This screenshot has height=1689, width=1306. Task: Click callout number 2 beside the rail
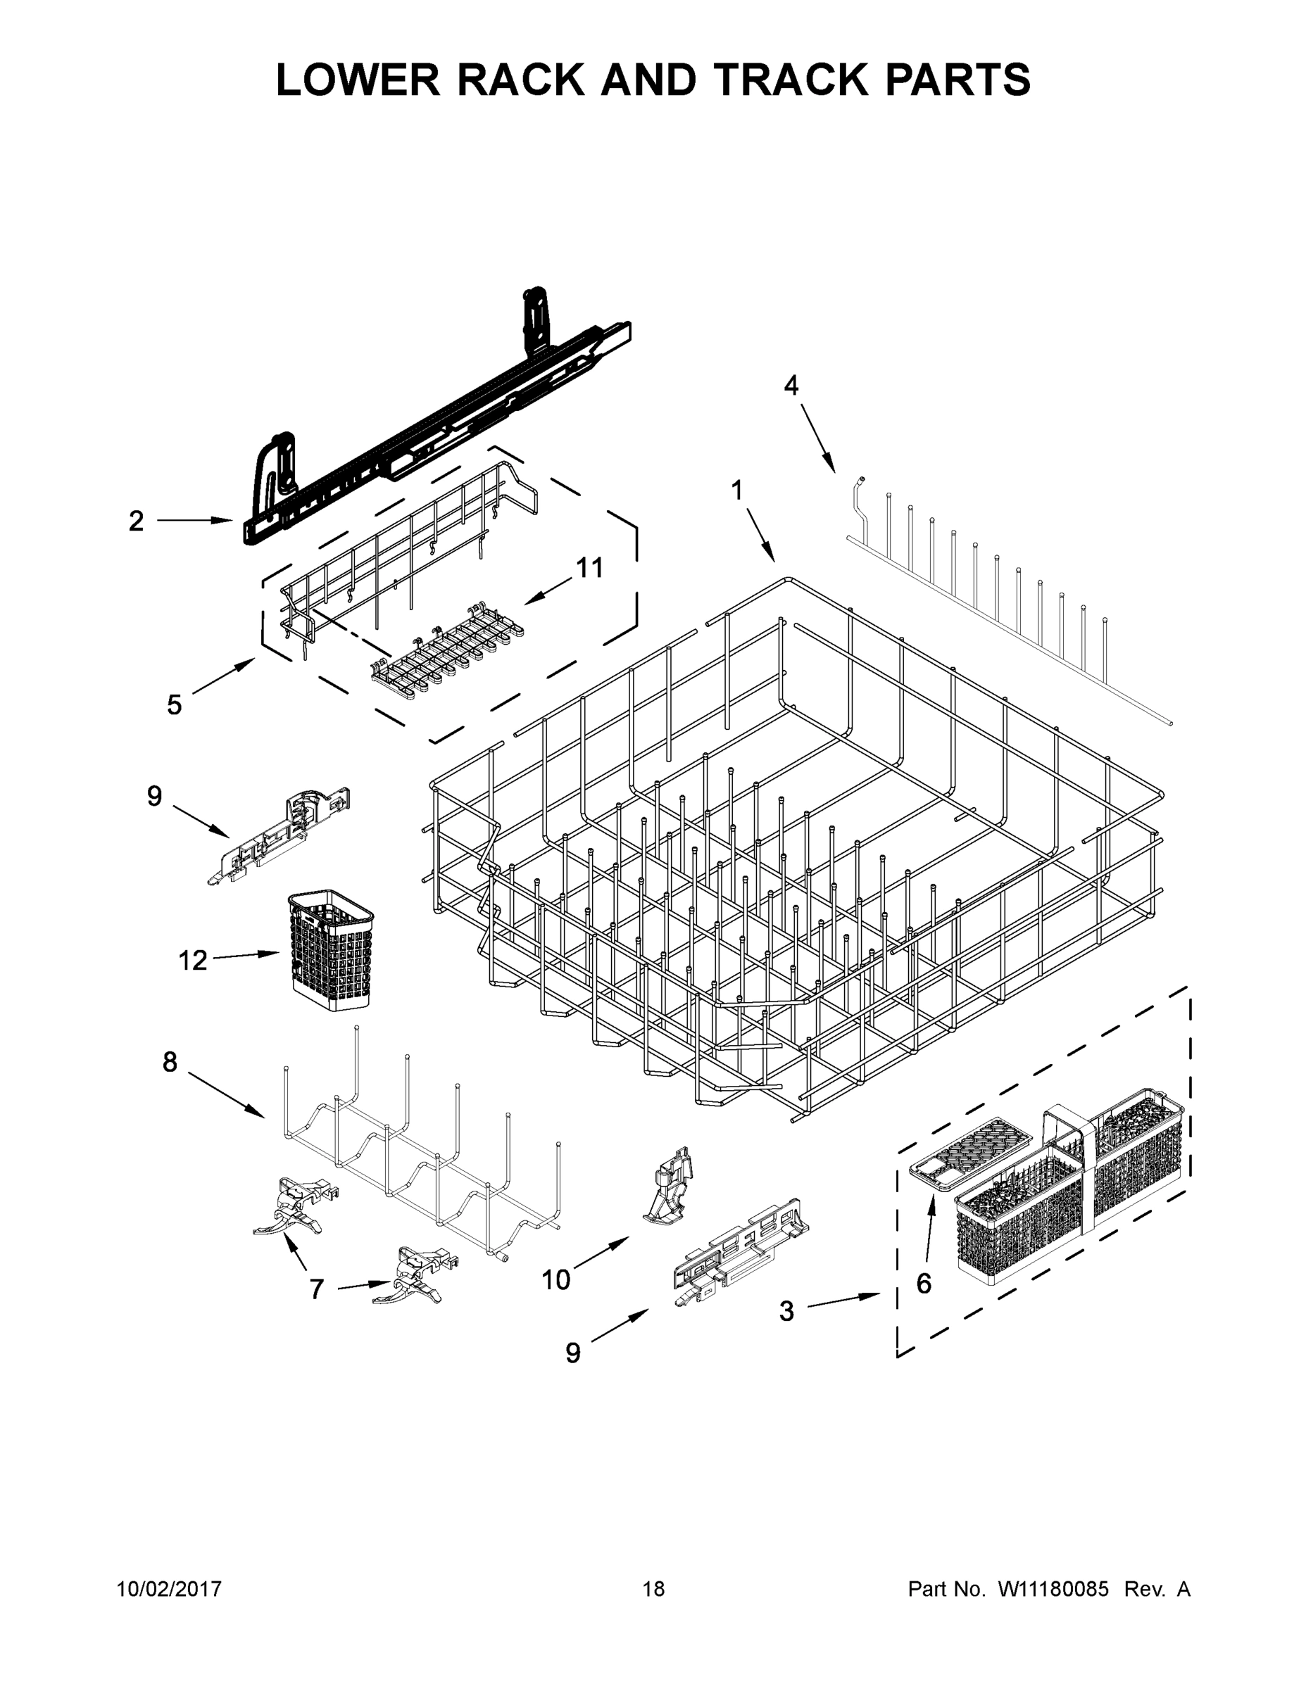pyautogui.click(x=136, y=521)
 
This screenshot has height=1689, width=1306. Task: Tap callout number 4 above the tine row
pyautogui.click(x=791, y=385)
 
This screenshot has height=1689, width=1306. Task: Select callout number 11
pyautogui.click(x=589, y=569)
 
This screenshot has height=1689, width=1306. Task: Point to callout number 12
pyautogui.click(x=193, y=961)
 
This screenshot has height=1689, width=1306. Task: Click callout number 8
pyautogui.click(x=170, y=1063)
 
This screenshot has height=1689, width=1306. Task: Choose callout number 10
pyautogui.click(x=555, y=1280)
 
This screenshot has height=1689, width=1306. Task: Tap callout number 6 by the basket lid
pyautogui.click(x=924, y=1284)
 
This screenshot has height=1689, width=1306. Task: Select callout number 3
pyautogui.click(x=786, y=1311)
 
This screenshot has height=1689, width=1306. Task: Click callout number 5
pyautogui.click(x=175, y=704)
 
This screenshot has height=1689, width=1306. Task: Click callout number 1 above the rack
pyautogui.click(x=736, y=491)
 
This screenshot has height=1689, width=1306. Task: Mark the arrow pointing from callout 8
pyautogui.click(x=226, y=1094)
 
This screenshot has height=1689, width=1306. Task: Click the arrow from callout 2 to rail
pyautogui.click(x=195, y=521)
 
